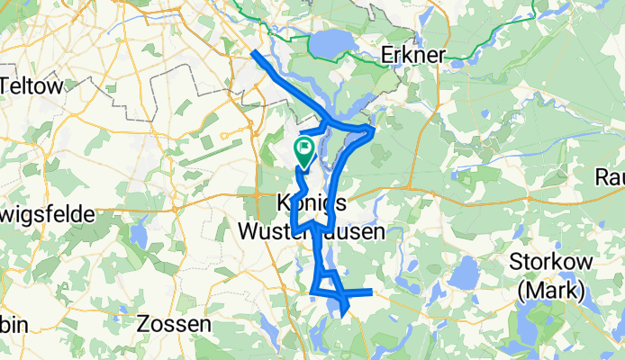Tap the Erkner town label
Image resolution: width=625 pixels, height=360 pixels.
tap(413, 55)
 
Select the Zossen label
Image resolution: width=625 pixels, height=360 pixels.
tap(175, 322)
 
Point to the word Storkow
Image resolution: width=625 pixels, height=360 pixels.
tap(548, 262)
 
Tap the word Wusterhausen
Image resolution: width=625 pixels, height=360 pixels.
tap(312, 231)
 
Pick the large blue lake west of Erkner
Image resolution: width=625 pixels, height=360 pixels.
tap(332, 42)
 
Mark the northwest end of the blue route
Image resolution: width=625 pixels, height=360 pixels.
tap(253, 52)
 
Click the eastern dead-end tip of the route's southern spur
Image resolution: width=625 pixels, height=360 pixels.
tap(370, 291)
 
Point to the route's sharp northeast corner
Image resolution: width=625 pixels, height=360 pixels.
tap(373, 132)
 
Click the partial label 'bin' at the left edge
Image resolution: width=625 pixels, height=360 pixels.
tap(11, 322)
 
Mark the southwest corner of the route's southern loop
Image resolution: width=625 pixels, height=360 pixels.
tap(313, 291)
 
